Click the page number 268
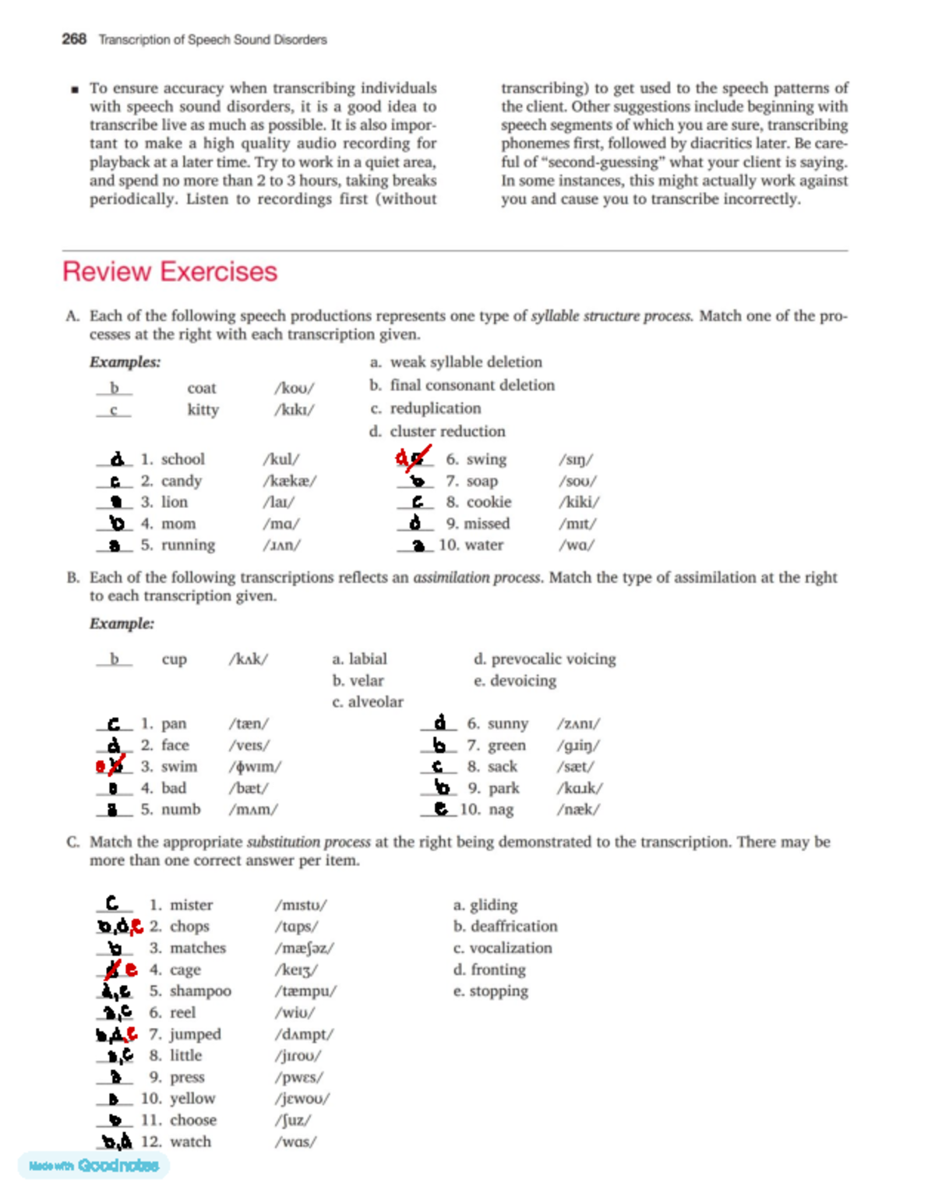(74, 39)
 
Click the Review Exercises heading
(170, 271)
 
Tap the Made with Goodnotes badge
(93, 1165)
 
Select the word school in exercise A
(182, 459)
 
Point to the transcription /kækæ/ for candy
(290, 481)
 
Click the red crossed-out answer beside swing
(413, 458)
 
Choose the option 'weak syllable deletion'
(465, 362)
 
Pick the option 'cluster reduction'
(447, 431)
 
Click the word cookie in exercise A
(489, 502)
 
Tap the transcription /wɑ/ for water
(577, 545)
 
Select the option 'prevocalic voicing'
(552, 659)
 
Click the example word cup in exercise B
(174, 659)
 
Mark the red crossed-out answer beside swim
(111, 765)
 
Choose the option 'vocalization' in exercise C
(510, 948)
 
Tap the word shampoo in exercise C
(200, 990)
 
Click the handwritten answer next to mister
(113, 903)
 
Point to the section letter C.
(72, 842)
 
